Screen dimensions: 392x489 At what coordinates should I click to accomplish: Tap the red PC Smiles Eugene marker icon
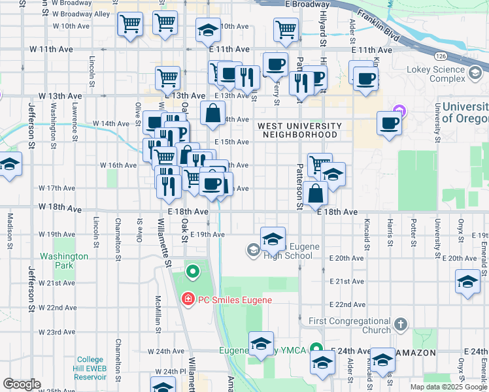click(x=188, y=300)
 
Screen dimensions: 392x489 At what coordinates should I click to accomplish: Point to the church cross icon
click(x=401, y=324)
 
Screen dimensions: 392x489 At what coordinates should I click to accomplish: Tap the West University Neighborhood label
click(x=299, y=130)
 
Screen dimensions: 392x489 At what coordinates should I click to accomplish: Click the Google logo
click(x=22, y=384)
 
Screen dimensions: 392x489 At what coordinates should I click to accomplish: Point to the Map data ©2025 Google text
click(x=448, y=387)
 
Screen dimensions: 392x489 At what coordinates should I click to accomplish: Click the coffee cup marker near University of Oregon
click(x=390, y=123)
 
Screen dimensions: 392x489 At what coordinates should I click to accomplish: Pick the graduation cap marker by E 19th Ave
click(x=273, y=238)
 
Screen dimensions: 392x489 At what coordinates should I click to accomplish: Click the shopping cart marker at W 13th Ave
click(x=168, y=78)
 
